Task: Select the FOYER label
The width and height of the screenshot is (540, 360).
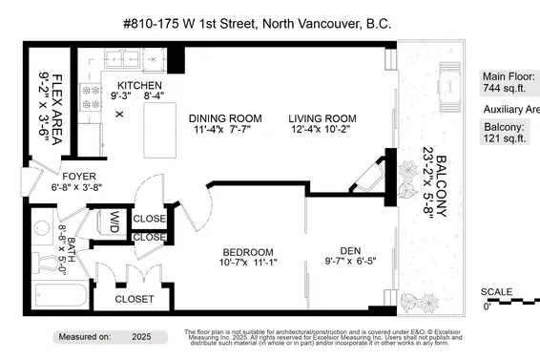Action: (79, 176)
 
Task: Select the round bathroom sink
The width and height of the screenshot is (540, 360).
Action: (41, 230)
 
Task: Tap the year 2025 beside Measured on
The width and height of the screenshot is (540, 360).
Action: (141, 337)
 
